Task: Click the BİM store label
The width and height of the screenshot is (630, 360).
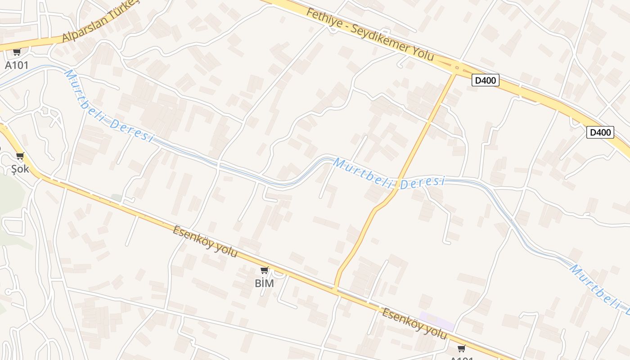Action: click(265, 283)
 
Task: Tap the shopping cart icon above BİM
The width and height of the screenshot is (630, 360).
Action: click(265, 270)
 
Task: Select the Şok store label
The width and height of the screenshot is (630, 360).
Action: click(20, 169)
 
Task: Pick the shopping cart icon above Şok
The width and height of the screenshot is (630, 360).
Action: click(20, 156)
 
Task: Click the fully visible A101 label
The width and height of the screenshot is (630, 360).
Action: click(17, 65)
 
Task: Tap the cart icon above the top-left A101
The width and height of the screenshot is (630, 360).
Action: click(17, 52)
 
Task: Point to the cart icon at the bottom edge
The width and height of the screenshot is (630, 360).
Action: click(461, 348)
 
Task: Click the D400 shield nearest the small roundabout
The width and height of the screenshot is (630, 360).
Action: click(486, 81)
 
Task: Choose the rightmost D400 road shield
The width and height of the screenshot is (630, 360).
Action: click(600, 132)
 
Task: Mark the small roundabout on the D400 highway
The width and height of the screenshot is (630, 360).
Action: click(457, 68)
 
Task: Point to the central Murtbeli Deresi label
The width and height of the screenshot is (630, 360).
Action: click(389, 175)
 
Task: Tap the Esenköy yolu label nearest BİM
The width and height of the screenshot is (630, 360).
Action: click(205, 242)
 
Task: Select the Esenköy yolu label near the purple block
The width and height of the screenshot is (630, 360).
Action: click(414, 324)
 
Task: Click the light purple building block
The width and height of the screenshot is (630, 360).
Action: click(436, 321)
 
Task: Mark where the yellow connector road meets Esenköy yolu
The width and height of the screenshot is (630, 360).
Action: click(336, 288)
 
